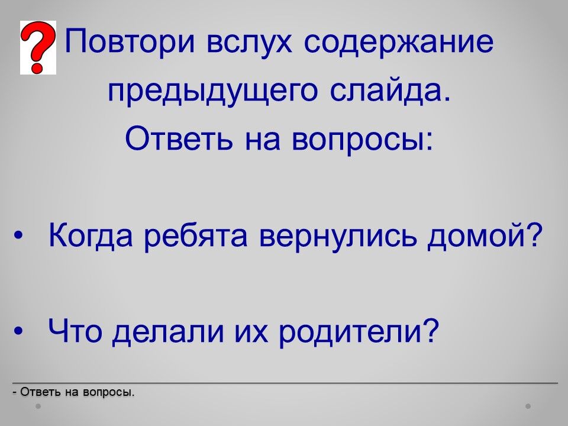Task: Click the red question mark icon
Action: (38, 47)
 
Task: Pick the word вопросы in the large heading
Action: (362, 140)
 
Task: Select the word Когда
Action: (91, 236)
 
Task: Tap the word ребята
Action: (196, 236)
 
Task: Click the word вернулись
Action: (338, 236)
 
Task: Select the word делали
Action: (168, 332)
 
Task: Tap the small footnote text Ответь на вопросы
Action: (73, 392)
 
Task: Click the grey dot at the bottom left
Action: (38, 406)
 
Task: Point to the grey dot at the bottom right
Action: (528, 406)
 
